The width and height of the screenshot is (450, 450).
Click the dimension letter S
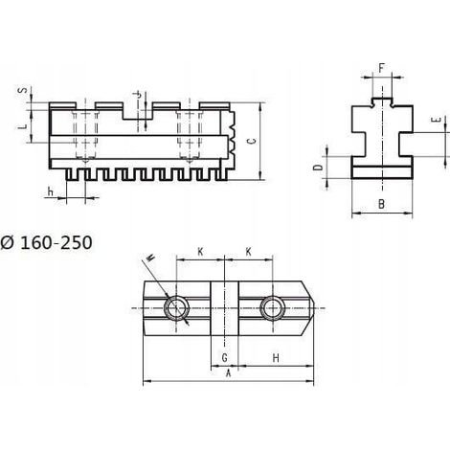[x=22, y=90]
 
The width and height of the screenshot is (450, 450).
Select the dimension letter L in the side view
[x=22, y=126]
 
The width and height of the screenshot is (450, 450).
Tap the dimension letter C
[x=252, y=141]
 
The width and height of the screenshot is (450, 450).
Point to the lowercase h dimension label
[x=50, y=191]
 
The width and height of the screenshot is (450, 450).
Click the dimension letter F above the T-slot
[x=381, y=68]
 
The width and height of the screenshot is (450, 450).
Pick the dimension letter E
[x=436, y=120]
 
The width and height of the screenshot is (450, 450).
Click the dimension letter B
[x=381, y=204]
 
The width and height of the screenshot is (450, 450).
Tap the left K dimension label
[x=200, y=252]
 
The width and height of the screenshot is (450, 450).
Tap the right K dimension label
[x=248, y=252]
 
